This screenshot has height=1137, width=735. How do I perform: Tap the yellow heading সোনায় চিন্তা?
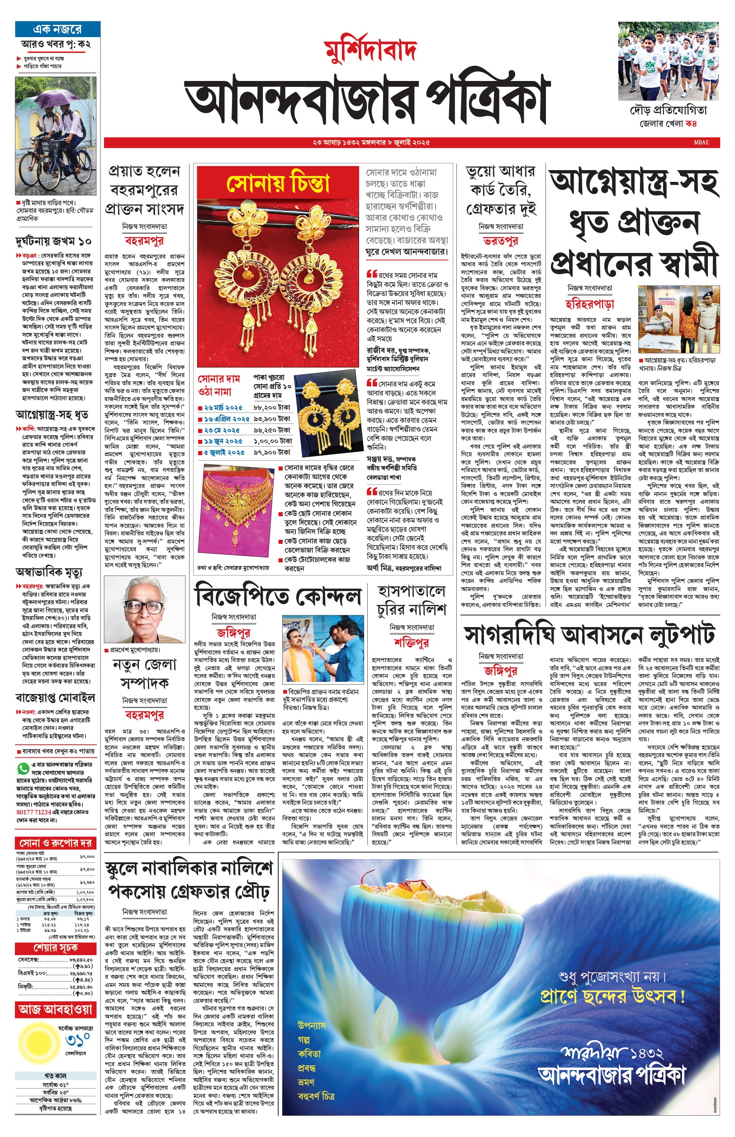[x=278, y=183]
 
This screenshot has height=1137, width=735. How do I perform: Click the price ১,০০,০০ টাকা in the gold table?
[x=273, y=441]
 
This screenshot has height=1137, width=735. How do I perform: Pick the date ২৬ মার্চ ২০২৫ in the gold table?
[x=223, y=408]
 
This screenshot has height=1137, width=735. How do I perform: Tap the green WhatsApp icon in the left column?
[x=23, y=768]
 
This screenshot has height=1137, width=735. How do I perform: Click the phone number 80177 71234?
[x=33, y=812]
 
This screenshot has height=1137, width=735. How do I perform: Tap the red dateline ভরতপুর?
[x=500, y=241]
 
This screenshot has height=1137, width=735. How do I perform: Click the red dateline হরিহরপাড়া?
[x=589, y=304]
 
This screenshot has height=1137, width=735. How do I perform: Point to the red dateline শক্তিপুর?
[x=412, y=642]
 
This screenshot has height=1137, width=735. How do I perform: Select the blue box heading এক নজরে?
[x=57, y=29]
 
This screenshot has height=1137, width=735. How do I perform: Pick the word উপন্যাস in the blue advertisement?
[x=311, y=1025]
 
